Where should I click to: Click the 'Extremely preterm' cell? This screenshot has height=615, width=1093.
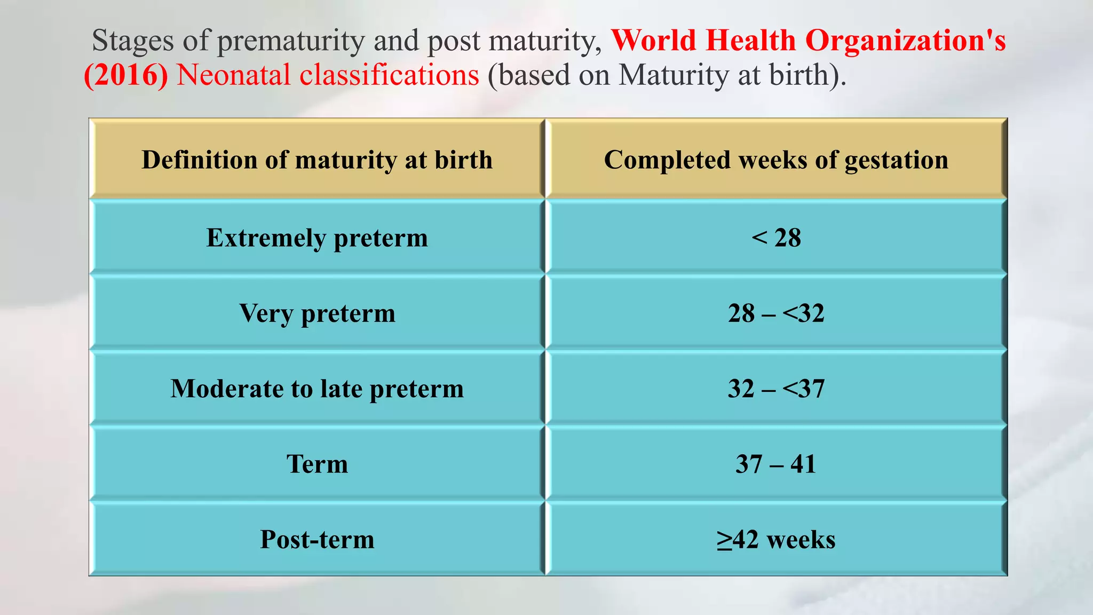click(x=317, y=238)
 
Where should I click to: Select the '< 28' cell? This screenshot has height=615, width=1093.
click(x=776, y=238)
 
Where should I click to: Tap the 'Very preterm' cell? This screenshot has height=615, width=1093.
click(x=317, y=313)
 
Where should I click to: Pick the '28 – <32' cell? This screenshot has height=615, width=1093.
click(x=776, y=313)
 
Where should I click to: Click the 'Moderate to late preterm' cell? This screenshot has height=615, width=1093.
click(x=317, y=388)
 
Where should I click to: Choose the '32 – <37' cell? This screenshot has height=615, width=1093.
click(x=776, y=388)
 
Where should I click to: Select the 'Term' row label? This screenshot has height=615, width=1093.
click(x=317, y=463)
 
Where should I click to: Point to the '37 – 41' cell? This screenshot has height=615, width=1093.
click(x=776, y=463)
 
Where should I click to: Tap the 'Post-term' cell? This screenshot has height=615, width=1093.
click(x=317, y=539)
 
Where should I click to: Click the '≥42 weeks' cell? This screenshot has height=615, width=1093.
click(x=776, y=539)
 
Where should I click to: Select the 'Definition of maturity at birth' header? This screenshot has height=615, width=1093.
click(x=317, y=160)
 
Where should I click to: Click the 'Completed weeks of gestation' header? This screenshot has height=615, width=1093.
click(x=776, y=160)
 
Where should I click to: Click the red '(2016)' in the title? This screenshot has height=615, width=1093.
click(x=126, y=75)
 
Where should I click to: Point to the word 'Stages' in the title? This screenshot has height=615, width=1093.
click(x=133, y=41)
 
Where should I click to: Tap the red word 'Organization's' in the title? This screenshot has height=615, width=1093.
click(x=905, y=41)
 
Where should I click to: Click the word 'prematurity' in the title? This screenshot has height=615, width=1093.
click(x=290, y=41)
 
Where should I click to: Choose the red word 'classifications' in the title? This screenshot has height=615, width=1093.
click(x=389, y=75)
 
